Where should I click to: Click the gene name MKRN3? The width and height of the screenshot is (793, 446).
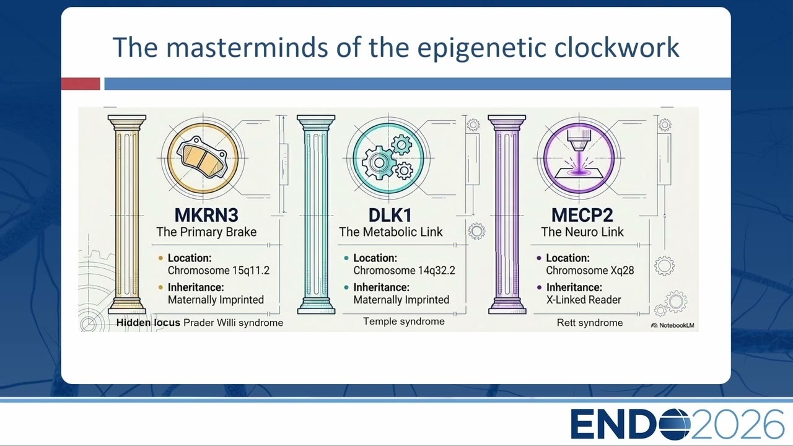coord(206,215)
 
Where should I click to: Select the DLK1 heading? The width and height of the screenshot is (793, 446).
coord(390,215)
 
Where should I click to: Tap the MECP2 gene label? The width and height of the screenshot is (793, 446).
coord(582,215)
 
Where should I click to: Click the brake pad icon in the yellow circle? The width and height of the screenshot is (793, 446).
coord(203,157)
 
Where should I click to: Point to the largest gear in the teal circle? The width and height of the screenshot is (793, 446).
coord(379,162)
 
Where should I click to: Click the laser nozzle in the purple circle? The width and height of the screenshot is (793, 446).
coord(579,140)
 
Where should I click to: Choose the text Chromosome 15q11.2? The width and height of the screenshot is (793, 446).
coord(219,271)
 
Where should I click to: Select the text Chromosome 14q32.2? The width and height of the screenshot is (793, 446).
coord(404,271)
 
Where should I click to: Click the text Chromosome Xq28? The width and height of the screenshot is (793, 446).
coord(590,271)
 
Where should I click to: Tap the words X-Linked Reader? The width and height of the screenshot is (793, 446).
coord(584,300)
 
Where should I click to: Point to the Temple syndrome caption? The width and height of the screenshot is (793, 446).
coord(404,321)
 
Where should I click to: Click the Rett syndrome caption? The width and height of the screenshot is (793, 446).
coord(590,323)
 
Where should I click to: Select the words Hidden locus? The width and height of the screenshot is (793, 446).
coord(148,323)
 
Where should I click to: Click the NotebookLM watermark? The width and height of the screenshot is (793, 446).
coord(673,325)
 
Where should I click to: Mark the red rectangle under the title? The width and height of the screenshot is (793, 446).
coord(81,84)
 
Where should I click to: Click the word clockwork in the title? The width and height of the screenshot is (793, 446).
coord(616,47)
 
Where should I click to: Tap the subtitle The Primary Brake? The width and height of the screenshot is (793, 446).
coord(206,232)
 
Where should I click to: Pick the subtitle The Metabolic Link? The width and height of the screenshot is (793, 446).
coord(390,232)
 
